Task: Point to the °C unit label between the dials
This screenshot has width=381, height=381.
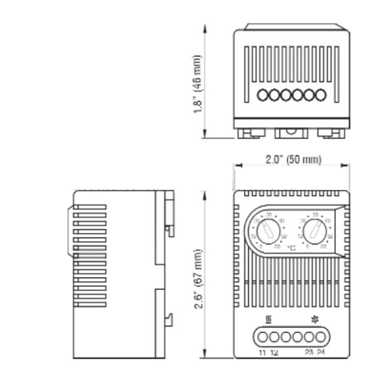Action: pyautogui.click(x=291, y=246)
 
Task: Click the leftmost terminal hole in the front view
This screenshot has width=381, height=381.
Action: pyautogui.click(x=262, y=337)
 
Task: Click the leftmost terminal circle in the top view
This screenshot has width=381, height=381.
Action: pyautogui.click(x=263, y=95)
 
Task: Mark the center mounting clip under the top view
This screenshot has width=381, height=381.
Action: pyautogui.click(x=291, y=132)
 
